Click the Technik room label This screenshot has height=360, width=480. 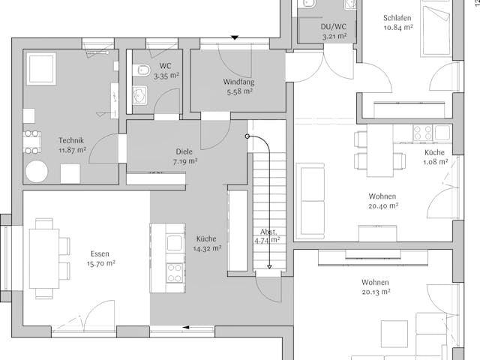(71, 140)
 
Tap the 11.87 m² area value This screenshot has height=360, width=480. (71, 150)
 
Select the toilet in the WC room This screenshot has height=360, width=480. (142, 71)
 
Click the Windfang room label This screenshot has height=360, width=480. (237, 82)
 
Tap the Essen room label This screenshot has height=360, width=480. (100, 253)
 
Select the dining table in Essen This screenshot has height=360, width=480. (43, 256)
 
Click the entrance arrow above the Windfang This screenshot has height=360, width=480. (235, 37)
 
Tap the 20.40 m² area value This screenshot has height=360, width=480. (383, 205)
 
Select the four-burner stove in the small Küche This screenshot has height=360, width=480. (422, 133)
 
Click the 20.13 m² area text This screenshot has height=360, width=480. (376, 292)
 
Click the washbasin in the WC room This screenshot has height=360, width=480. (140, 94)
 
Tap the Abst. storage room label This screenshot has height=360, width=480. (268, 232)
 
